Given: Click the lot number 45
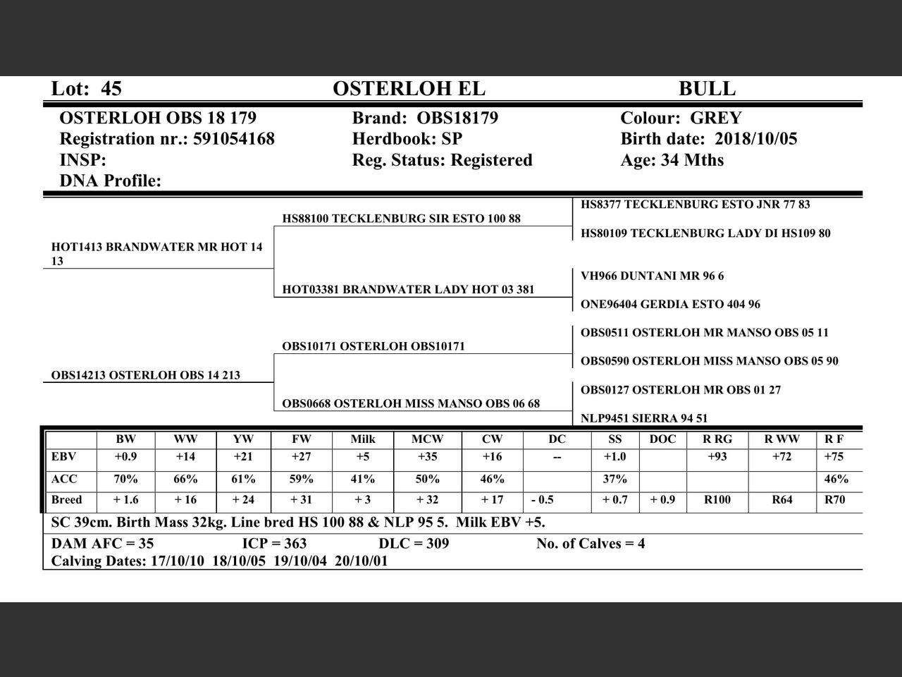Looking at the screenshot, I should coord(111,89).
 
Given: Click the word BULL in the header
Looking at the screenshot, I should coord(707,89).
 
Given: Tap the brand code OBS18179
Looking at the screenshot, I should coord(457,118).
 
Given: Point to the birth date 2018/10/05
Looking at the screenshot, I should coord(755,139).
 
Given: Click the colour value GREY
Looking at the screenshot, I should coord(715,118).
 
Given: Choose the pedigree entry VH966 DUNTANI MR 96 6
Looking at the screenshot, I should coord(652,276).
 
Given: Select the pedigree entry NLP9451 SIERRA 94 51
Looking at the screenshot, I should coord(644,418).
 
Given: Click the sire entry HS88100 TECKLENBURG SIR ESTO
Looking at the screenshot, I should coord(401,219).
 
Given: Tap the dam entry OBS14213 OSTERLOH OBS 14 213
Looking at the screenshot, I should coord(145,375).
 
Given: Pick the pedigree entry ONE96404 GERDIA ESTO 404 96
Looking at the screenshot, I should coord(670,305).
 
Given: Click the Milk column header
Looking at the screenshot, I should coord(363,439).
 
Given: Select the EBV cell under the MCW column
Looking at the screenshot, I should coord(427,457).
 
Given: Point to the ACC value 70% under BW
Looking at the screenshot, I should coord(125,479).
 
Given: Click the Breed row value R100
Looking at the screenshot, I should coord(717,500).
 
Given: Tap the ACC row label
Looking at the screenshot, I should coord(64,479).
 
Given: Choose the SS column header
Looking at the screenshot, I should coord(614,439).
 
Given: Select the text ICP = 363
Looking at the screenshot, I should coord(274,544).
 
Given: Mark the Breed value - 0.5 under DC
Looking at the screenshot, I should coord(542,500).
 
